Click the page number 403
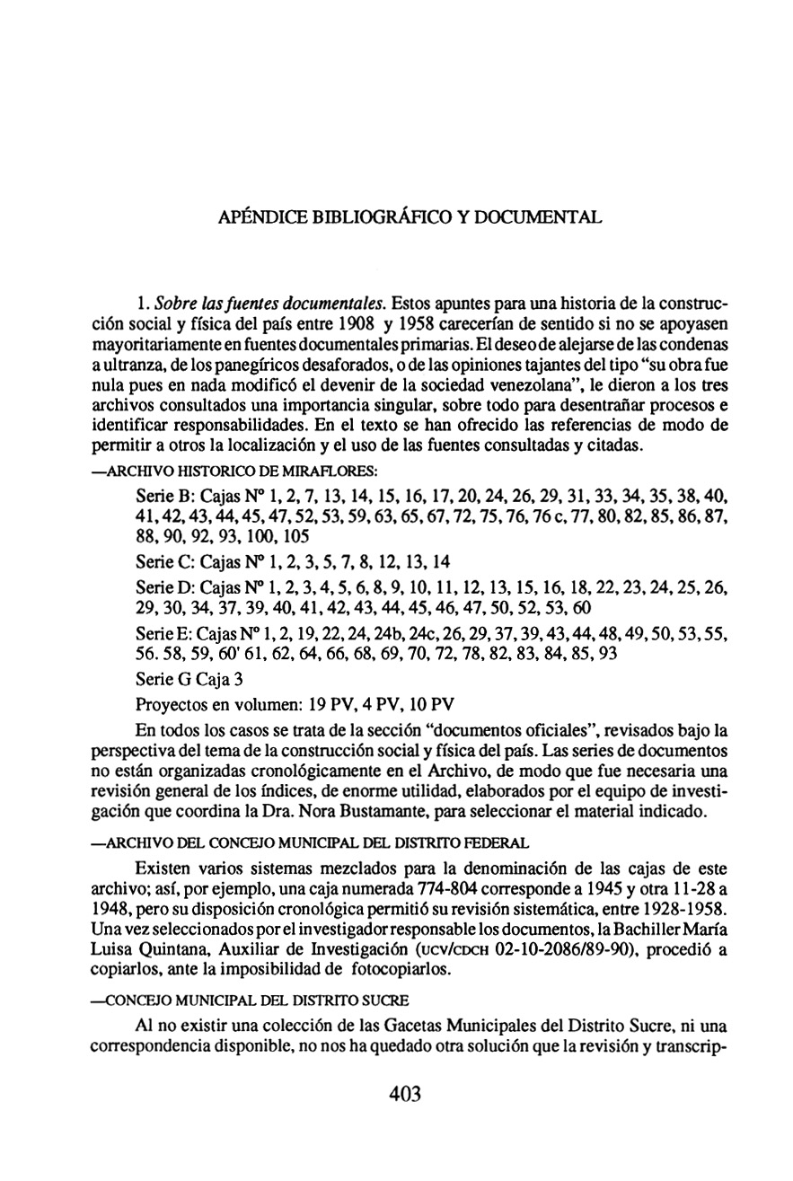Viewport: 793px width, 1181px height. [406, 1094]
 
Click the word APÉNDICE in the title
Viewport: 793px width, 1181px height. [260, 218]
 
